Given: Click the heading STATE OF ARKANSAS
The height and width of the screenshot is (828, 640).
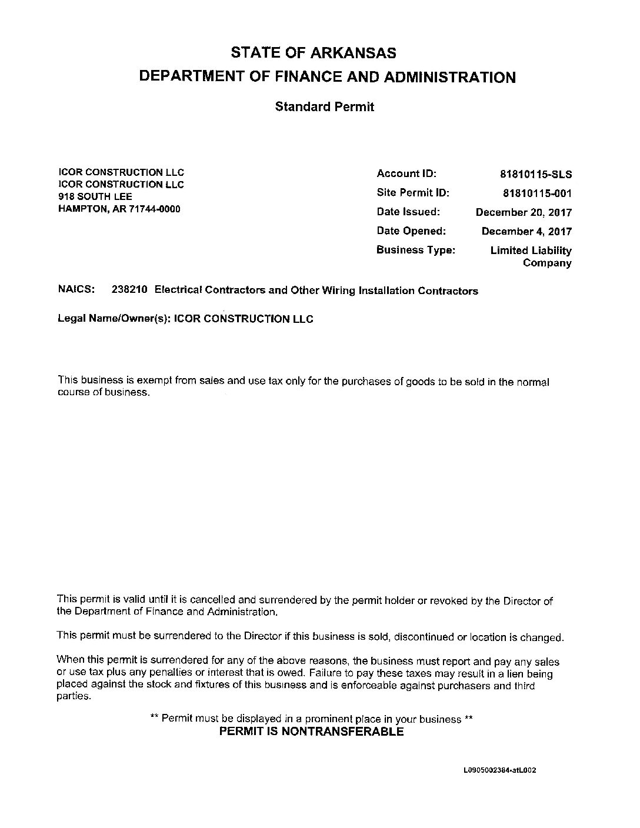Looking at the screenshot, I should pyautogui.click(x=314, y=53).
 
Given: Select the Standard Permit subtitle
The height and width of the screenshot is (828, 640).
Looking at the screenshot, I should pyautogui.click(x=324, y=107).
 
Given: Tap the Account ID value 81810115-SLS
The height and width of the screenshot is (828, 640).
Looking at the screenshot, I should pyautogui.click(x=535, y=175).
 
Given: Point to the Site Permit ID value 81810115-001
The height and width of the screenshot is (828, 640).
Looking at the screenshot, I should pyautogui.click(x=537, y=193).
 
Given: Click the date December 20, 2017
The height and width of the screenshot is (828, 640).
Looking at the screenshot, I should pyautogui.click(x=524, y=212).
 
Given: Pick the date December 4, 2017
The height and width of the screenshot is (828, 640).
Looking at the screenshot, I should pyautogui.click(x=526, y=231).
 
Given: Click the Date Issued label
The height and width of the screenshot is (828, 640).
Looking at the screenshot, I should pyautogui.click(x=408, y=212).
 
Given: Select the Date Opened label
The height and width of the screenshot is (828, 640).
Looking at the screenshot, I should pyautogui.click(x=411, y=231).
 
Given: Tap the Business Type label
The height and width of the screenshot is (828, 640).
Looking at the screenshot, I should pyautogui.click(x=416, y=250).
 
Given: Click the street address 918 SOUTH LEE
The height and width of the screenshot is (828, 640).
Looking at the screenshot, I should pyautogui.click(x=95, y=196).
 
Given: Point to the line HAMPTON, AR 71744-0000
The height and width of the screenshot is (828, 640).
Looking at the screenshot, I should pyautogui.click(x=119, y=209).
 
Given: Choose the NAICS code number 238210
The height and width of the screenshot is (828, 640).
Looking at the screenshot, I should pyautogui.click(x=129, y=290).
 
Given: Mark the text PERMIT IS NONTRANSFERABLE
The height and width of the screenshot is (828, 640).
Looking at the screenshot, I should pyautogui.click(x=311, y=732).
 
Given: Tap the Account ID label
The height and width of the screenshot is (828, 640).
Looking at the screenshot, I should pyautogui.click(x=406, y=173).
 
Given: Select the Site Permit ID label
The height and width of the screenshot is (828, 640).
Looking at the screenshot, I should pyautogui.click(x=413, y=192).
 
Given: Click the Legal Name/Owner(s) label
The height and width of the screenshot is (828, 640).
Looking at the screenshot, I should pyautogui.click(x=114, y=319).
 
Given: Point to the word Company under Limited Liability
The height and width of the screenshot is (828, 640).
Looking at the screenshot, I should pyautogui.click(x=547, y=263).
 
